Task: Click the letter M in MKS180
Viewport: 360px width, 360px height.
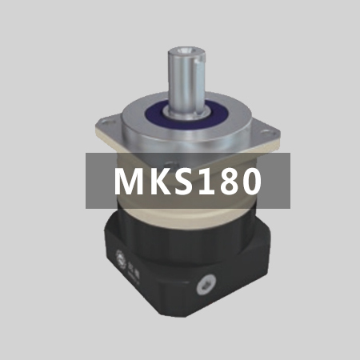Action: [128, 181]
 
